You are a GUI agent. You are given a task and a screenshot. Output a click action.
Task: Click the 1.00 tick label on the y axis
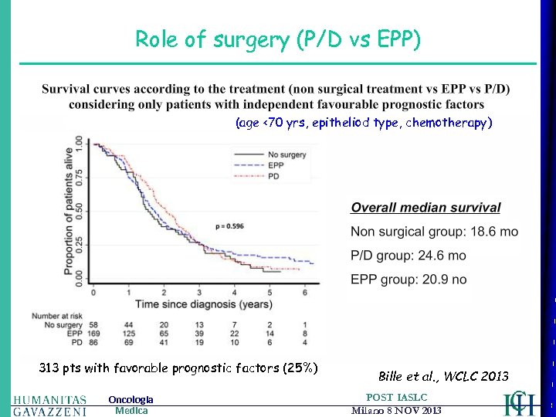[79, 144]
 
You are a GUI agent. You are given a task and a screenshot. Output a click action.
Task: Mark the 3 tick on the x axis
[199, 293]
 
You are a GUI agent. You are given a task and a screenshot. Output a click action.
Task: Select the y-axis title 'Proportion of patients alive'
[67, 212]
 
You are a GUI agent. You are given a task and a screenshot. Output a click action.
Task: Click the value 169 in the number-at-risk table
[94, 332]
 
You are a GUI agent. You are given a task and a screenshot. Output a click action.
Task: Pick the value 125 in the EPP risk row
[129, 332]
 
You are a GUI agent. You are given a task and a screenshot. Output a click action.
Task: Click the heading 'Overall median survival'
[425, 208]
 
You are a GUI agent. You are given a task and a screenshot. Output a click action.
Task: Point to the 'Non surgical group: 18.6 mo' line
[435, 231]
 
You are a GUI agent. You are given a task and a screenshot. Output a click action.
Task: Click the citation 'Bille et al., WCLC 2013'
[443, 377]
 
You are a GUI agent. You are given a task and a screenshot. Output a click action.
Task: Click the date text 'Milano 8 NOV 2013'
[396, 411]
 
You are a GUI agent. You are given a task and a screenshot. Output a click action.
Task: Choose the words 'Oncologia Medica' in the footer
[131, 405]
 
